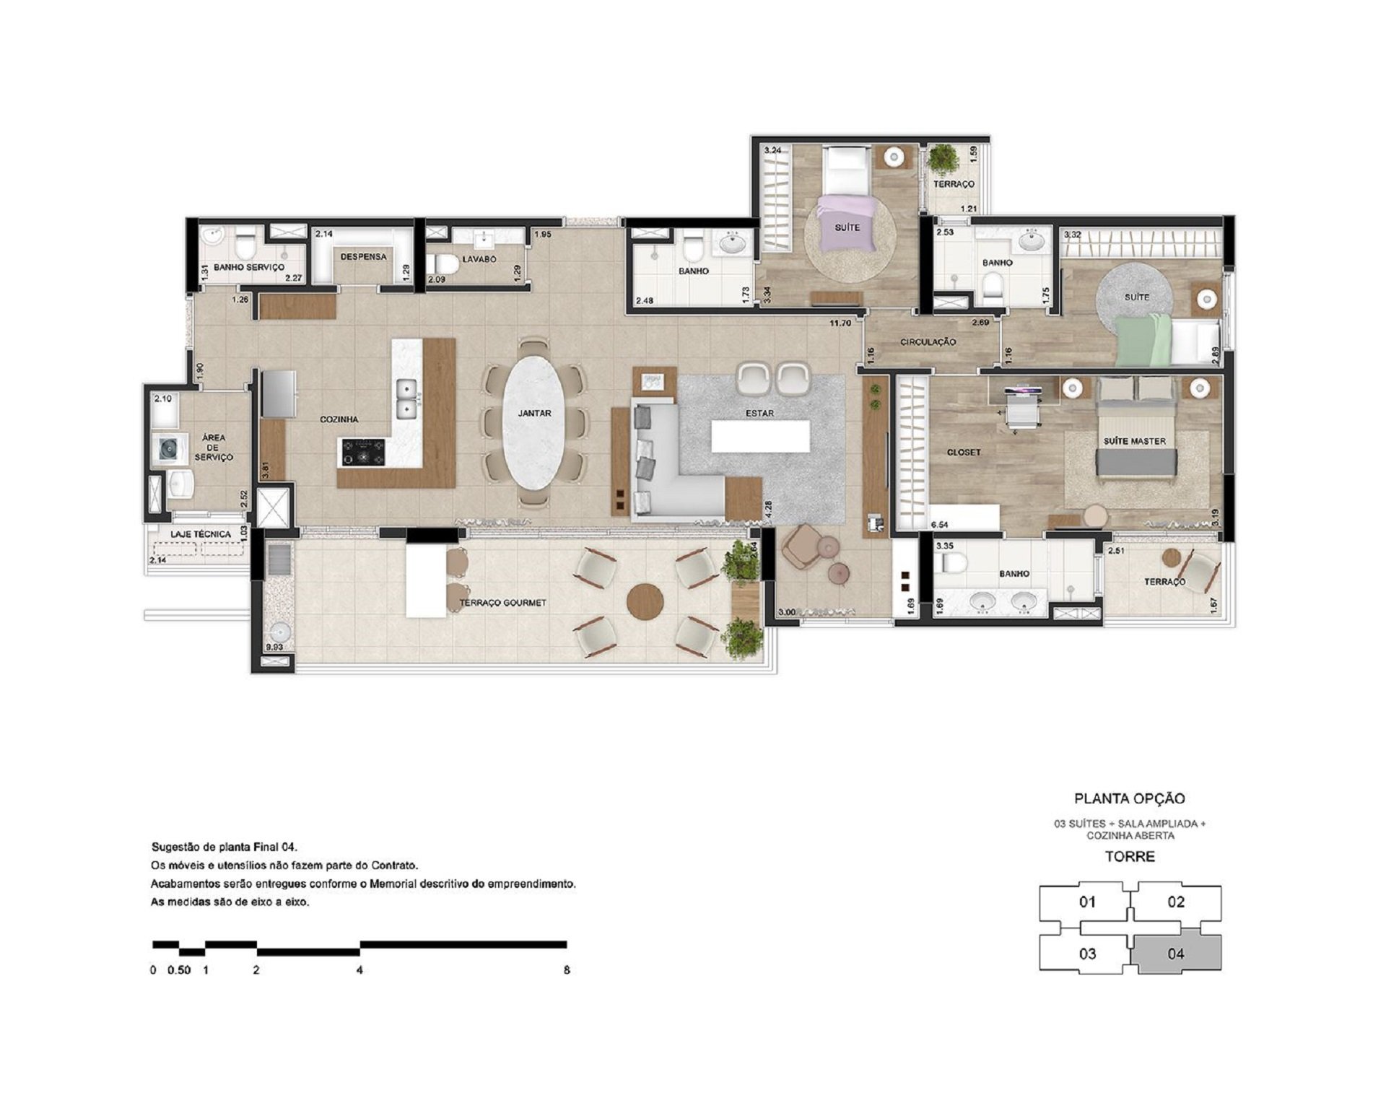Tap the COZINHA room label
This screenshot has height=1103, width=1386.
(339, 419)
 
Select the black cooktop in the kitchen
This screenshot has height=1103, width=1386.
(363, 453)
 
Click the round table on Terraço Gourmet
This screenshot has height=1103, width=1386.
(645, 601)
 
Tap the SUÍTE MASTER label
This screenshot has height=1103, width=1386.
(1134, 441)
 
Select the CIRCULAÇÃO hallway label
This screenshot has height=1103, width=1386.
(928, 342)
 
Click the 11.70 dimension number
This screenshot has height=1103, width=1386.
(840, 323)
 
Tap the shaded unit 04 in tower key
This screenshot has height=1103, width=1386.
(1176, 954)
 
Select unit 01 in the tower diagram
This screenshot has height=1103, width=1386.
(1087, 902)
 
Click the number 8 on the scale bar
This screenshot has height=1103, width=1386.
(567, 970)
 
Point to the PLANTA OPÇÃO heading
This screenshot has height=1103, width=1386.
(1130, 799)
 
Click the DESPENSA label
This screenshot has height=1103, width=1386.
(363, 256)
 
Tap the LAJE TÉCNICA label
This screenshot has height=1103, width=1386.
(201, 534)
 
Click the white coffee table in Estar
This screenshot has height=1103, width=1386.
(760, 437)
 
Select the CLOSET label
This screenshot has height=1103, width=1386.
(964, 453)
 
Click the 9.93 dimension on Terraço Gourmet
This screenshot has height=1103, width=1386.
(274, 648)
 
